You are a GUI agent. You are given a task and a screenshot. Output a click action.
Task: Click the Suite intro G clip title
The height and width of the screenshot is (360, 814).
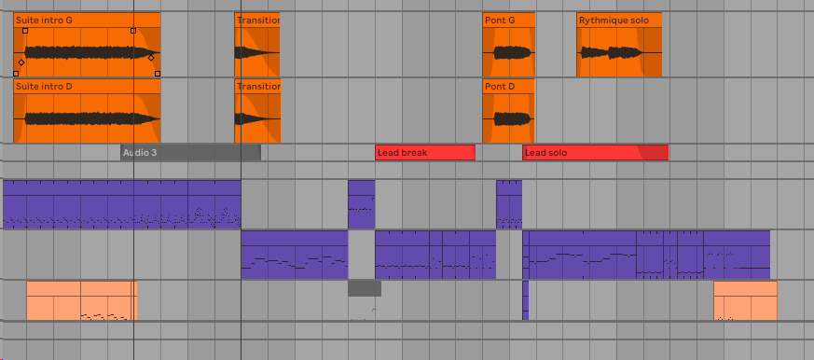(x=44, y=19)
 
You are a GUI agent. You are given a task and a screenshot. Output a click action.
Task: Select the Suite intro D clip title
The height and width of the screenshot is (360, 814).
(x=44, y=86)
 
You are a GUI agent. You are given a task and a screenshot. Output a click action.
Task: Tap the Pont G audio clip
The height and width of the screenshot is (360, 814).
(x=508, y=52)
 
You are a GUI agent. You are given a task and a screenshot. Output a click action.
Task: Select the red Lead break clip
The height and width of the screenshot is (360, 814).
(x=424, y=152)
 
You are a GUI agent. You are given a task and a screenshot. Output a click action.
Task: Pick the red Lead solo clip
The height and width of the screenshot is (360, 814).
(x=594, y=152)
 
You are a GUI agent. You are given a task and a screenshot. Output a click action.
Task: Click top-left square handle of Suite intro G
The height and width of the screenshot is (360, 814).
(x=25, y=31)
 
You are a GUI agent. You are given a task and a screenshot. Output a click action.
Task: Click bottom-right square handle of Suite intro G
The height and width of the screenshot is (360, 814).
(x=157, y=73)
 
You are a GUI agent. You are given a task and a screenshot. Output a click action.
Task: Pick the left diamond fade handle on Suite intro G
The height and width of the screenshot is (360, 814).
(x=21, y=62)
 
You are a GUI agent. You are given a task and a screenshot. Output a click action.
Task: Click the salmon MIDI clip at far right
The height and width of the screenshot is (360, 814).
(x=745, y=300)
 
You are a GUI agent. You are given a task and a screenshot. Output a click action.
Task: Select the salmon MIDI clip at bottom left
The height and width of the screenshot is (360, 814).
(x=81, y=300)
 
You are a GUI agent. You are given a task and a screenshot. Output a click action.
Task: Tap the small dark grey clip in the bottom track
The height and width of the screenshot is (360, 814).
(x=365, y=288)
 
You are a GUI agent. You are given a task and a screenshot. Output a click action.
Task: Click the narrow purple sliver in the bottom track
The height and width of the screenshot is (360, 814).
(x=525, y=300)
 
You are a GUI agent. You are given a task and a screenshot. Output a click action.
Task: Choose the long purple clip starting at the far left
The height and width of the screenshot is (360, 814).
(x=121, y=203)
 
